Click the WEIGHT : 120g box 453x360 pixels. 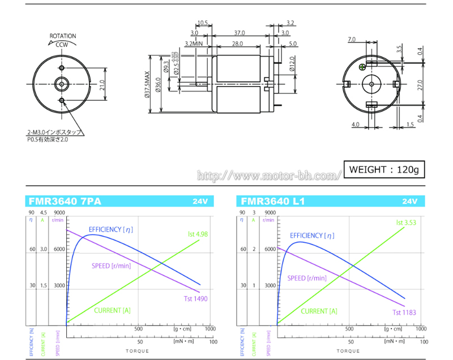[383, 169]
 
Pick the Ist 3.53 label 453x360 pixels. [405, 223]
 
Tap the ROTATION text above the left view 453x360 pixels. [63, 36]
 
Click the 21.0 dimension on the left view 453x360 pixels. [102, 85]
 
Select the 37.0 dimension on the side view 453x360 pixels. [239, 32]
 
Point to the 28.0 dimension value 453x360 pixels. [237, 44]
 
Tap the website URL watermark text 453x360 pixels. [270, 175]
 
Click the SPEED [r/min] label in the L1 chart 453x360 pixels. [307, 278]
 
